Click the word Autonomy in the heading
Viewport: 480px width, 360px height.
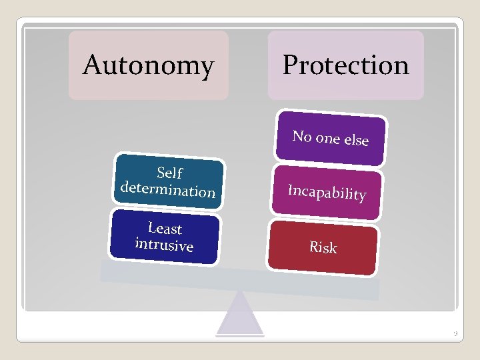(148, 65)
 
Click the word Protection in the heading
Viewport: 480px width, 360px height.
(345, 65)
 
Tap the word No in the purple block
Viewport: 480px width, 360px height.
(302, 136)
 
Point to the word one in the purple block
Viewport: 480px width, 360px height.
(327, 138)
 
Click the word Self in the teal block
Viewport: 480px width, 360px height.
(169, 173)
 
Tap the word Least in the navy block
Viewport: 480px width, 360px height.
(165, 229)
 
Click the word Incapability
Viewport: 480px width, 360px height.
(327, 192)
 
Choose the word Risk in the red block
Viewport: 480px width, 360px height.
(323, 247)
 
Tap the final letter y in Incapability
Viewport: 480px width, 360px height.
(361, 196)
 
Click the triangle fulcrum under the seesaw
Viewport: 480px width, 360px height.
(240, 317)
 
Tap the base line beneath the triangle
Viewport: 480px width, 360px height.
(240, 335)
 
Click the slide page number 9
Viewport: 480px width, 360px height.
(453, 333)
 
